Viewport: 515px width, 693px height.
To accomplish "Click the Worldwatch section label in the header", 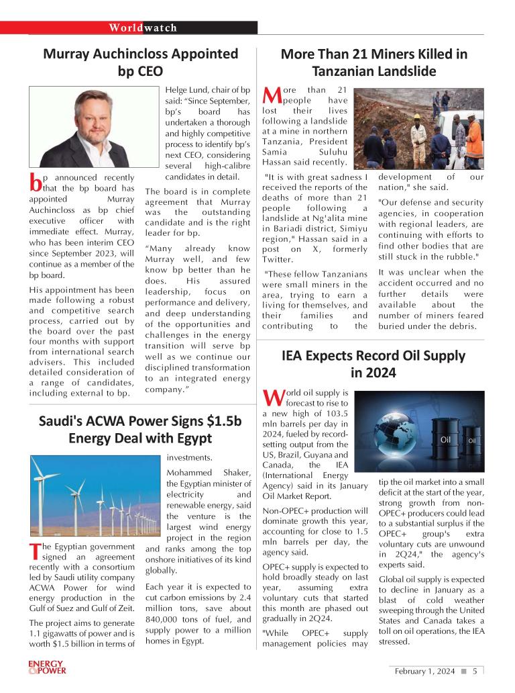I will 143,28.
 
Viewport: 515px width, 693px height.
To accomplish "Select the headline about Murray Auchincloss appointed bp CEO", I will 140,62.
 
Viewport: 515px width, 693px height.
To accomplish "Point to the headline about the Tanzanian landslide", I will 374,62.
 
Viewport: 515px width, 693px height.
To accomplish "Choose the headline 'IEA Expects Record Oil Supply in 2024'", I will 374,363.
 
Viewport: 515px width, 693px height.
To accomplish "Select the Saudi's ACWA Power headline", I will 140,430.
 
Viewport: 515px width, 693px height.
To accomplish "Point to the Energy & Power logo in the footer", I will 47,667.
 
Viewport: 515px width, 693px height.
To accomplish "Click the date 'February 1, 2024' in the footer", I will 424,671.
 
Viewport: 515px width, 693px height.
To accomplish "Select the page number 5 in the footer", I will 474,671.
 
